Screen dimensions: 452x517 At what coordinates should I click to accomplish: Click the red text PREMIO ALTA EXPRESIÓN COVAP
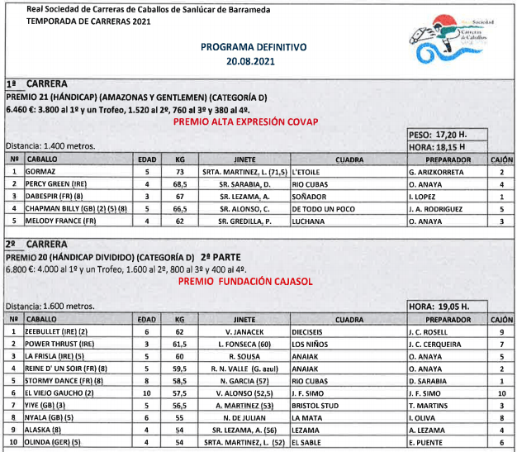click(x=245, y=121)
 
